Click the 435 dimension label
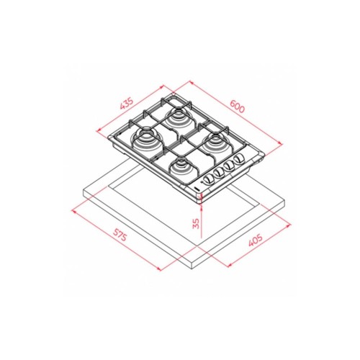126,103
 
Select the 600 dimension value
237,106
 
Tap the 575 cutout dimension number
120,235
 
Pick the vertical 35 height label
196,223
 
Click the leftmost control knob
208,179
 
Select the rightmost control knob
238,158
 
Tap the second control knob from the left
218,172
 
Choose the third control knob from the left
228,165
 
